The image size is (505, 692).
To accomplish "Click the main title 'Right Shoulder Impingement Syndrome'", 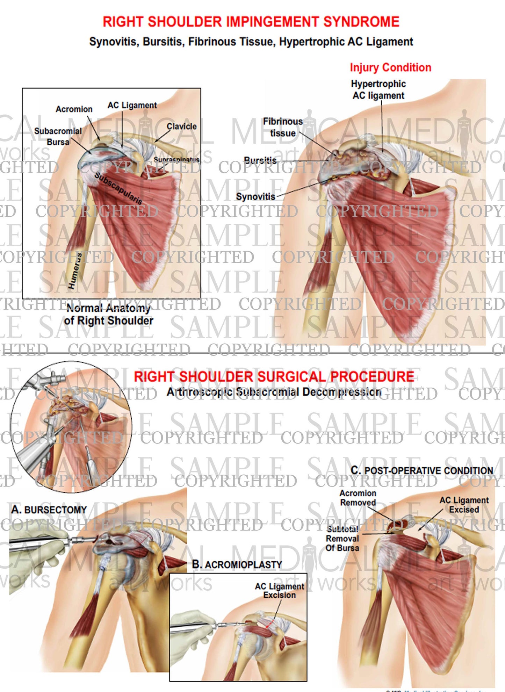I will point(251,22).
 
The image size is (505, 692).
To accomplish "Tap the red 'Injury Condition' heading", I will point(390,67).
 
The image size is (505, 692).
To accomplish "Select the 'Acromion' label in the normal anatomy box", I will point(74,109).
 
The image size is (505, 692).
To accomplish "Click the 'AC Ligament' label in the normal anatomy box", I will point(132,105).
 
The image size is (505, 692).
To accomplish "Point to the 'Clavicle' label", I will point(181,126).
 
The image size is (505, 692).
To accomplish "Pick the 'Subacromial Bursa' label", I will point(58,137).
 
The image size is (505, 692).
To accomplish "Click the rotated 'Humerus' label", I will point(74,271).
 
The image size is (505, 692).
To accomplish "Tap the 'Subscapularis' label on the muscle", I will point(118,188).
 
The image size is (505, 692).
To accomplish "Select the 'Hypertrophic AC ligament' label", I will point(378,90).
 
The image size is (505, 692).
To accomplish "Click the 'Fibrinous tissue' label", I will point(283,127).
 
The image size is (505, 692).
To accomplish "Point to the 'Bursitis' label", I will point(260,160).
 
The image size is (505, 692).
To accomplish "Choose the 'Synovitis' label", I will point(255,197).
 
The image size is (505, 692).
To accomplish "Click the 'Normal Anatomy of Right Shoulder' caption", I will point(108,315).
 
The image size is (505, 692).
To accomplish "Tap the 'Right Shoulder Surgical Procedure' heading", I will point(274,377).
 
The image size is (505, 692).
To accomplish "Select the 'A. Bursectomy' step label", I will point(49,510).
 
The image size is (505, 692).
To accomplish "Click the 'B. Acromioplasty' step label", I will point(237,564).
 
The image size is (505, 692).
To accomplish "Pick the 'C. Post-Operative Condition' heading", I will point(422,471).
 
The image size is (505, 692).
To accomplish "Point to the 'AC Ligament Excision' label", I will point(279,591).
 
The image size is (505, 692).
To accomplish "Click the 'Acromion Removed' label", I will point(358,498).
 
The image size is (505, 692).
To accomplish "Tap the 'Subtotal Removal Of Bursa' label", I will point(342,539).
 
